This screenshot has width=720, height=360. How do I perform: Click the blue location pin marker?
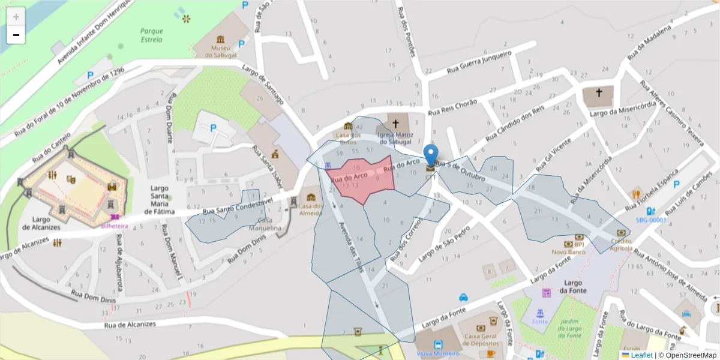click(431, 155)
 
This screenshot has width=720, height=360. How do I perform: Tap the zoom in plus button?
click(16, 16)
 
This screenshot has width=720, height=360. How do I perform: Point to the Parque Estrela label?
click(151, 35)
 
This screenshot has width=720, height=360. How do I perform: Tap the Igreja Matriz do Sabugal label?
click(395, 139)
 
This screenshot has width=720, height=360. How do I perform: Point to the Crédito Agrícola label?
click(621, 244)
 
